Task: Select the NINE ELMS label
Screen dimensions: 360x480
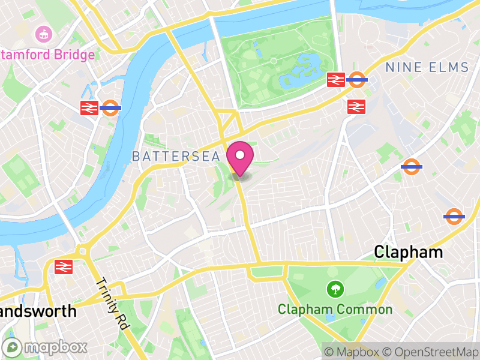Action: coord(427,67)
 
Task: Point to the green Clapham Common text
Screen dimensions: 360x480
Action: coord(335,310)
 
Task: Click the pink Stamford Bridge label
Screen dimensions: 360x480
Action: coord(47,55)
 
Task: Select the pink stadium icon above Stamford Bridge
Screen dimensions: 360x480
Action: coord(43,34)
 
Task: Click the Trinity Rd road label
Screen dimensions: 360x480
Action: coord(112,304)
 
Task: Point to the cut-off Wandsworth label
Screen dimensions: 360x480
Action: coord(38,311)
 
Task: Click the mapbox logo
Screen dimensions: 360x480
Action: coord(45,347)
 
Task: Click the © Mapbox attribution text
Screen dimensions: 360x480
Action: coord(353,352)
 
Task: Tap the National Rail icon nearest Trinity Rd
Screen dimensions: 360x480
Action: coord(64,266)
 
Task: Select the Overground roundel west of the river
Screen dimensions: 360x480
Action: coord(110,108)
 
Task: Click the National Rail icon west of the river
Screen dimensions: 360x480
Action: coord(89,108)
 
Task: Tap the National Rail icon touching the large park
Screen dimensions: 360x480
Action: coord(336,80)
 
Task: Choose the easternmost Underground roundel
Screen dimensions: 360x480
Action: coord(454,216)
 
